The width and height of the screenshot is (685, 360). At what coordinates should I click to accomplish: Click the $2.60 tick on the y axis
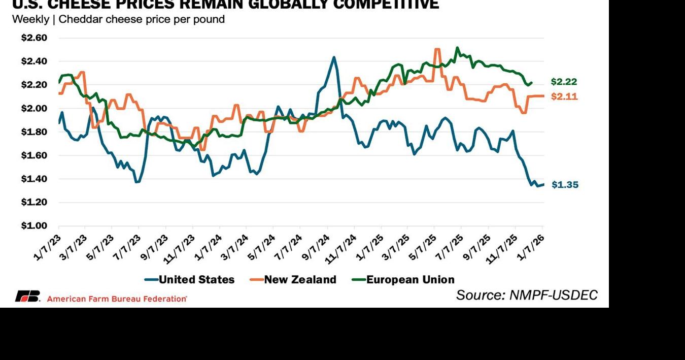pyautogui.click(x=34, y=38)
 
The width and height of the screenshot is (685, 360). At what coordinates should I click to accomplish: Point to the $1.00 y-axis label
pyautogui.click(x=34, y=226)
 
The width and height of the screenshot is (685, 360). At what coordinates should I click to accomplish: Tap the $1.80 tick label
pyautogui.click(x=34, y=132)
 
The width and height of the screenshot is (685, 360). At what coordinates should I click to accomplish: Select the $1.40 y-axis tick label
pyautogui.click(x=34, y=179)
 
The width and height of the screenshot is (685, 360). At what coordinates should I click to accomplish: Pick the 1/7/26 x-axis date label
pyautogui.click(x=531, y=247)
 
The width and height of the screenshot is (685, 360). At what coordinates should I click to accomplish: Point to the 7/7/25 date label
pyautogui.click(x=451, y=247)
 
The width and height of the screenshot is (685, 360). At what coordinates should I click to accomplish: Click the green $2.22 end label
pyautogui.click(x=564, y=82)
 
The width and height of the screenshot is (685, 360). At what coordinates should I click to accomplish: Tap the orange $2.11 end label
pyautogui.click(x=564, y=96)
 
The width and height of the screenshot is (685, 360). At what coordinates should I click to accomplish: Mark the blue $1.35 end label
pyautogui.click(x=565, y=185)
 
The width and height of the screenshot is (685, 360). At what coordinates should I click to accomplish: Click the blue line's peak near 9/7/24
pyautogui.click(x=333, y=57)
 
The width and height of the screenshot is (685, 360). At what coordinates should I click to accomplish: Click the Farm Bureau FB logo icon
pyautogui.click(x=27, y=296)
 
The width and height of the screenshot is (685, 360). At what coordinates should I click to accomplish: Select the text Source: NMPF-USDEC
pyautogui.click(x=527, y=294)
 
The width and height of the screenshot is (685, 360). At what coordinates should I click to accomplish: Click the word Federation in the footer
pyautogui.click(x=162, y=299)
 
